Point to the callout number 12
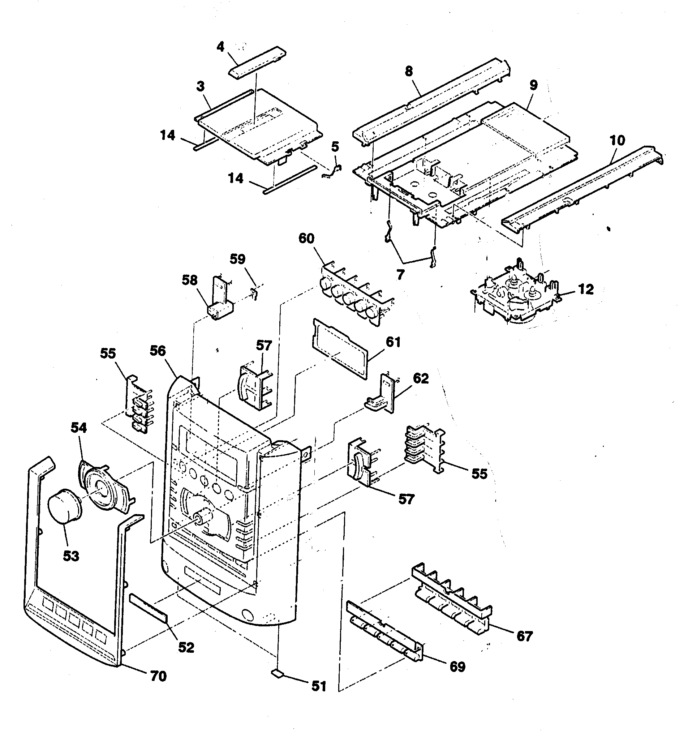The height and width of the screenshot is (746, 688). click(x=586, y=290)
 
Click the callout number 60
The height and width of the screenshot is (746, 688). click(x=306, y=238)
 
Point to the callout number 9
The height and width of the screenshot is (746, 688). click(x=533, y=85)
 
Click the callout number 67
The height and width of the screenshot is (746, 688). click(x=524, y=636)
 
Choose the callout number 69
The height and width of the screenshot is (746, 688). click(x=457, y=667)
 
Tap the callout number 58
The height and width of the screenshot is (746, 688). click(x=189, y=280)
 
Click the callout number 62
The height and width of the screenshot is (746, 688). click(x=420, y=378)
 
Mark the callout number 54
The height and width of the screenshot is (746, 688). click(x=78, y=428)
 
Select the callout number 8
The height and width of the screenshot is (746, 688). click(x=409, y=71)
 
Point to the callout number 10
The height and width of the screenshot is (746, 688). click(x=617, y=140)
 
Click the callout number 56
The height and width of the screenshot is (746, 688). click(x=158, y=351)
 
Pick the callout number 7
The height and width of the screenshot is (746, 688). click(x=400, y=275)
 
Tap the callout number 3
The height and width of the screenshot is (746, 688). click(x=200, y=86)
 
